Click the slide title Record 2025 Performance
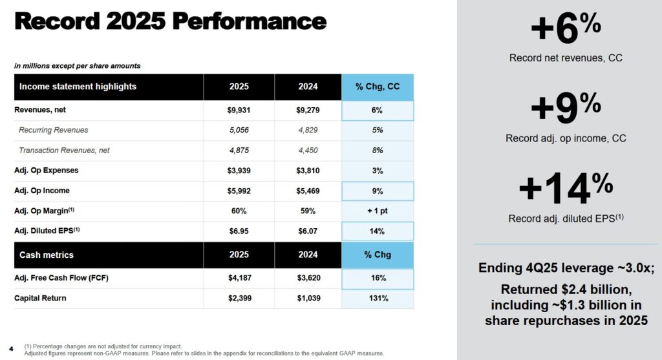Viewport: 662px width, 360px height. point(170,22)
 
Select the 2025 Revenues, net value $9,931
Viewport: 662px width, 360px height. point(239,110)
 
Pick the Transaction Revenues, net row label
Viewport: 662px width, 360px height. point(64,151)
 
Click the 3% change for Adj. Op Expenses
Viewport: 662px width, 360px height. point(378,171)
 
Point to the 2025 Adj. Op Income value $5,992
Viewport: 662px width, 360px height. point(239,191)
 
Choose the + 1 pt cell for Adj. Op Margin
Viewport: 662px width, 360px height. point(378,211)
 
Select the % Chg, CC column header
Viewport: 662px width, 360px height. point(378,87)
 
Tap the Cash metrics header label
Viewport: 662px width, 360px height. point(47,255)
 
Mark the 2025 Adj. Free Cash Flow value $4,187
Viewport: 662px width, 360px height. point(239,278)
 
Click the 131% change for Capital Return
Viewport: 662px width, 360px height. point(378,298)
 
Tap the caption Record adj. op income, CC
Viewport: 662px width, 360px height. point(566,138)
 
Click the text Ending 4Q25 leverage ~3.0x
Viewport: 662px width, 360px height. point(566,268)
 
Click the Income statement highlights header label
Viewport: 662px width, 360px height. point(78,87)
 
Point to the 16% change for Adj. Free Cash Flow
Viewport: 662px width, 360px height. point(378,278)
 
